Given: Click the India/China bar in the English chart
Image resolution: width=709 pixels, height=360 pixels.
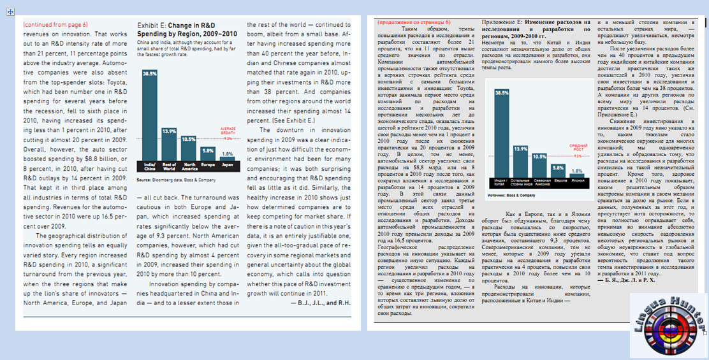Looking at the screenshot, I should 150,118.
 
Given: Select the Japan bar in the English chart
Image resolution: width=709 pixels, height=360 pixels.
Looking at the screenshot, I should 227,158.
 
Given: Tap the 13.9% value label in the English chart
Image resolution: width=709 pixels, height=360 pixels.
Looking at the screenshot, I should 169,131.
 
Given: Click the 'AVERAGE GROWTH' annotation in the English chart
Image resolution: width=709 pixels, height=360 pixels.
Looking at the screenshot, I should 227,131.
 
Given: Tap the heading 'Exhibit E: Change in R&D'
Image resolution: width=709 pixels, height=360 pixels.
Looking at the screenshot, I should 177,25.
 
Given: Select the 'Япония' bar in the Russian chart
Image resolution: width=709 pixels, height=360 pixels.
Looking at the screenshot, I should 577,174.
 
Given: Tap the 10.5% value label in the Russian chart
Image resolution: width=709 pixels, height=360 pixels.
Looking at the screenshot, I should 539,156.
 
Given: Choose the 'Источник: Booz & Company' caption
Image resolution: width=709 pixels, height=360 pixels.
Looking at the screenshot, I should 513,191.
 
